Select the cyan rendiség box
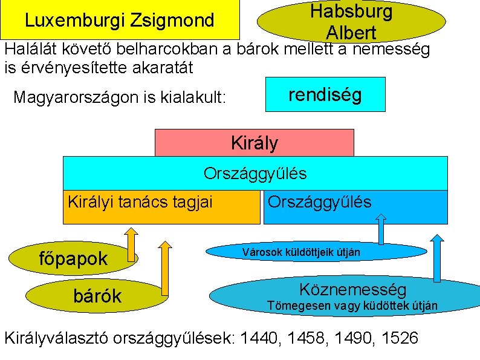pyautogui.click(x=325, y=94)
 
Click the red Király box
pyautogui.click(x=255, y=143)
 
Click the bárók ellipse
pyautogui.click(x=97, y=296)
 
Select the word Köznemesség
pyautogui.click(x=353, y=289)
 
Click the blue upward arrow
pyautogui.click(x=381, y=229)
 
